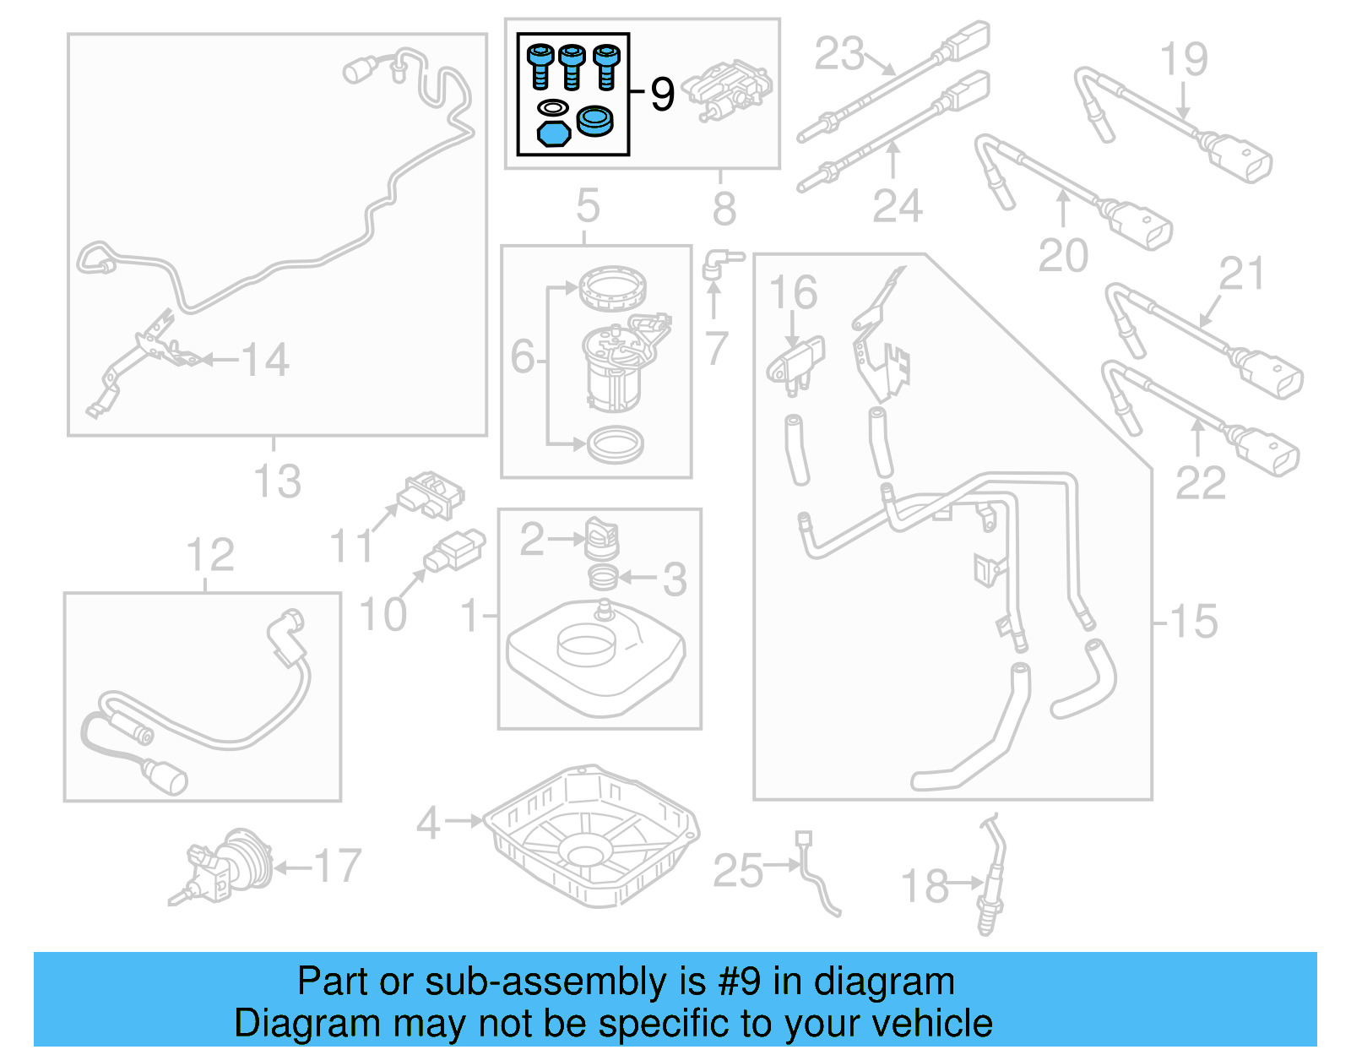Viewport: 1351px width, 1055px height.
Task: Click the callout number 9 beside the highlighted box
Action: click(663, 94)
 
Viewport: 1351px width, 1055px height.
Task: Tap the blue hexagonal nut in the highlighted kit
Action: click(553, 133)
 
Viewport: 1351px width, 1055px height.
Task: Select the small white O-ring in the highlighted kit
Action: click(553, 107)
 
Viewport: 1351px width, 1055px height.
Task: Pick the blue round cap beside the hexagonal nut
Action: click(595, 122)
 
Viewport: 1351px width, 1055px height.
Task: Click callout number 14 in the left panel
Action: click(265, 360)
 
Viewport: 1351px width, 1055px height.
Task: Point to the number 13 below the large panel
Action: click(277, 481)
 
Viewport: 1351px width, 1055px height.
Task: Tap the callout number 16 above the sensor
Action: click(793, 292)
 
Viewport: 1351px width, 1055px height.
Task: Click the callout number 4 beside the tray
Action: click(429, 822)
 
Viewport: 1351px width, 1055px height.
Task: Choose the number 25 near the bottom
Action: click(737, 871)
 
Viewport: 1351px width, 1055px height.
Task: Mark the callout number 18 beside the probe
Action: click(925, 886)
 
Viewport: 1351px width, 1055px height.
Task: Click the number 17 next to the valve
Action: click(338, 866)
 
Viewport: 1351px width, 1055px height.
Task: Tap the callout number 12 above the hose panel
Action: click(209, 556)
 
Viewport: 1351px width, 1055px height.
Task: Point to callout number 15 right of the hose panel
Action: click(1193, 622)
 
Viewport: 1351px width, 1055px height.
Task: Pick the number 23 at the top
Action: click(839, 54)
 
